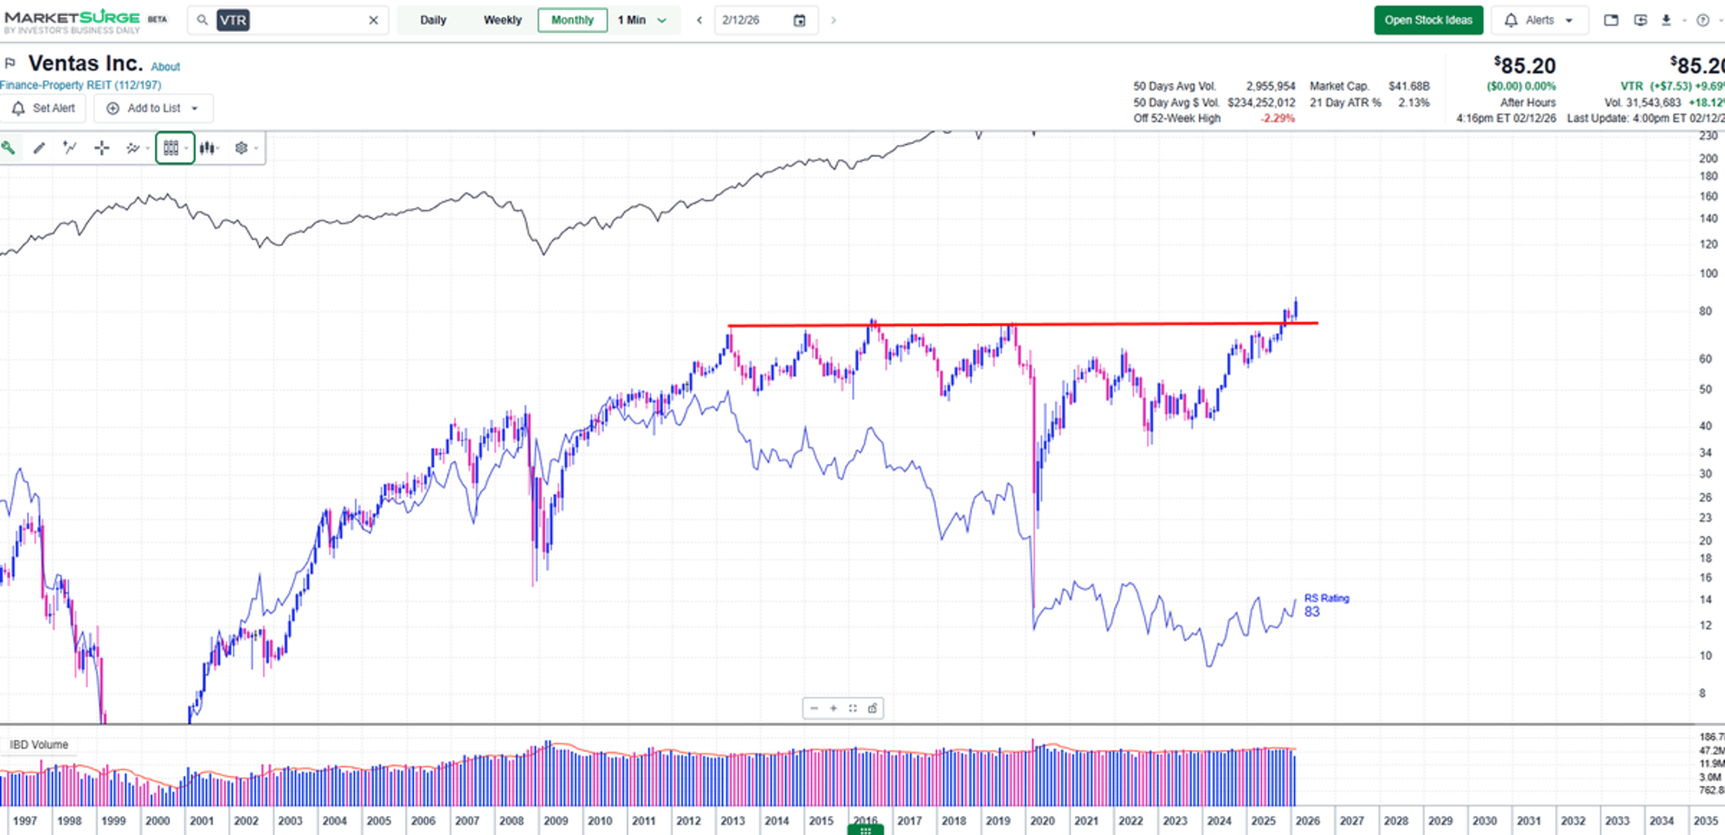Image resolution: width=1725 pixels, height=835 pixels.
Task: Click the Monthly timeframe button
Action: coord(572,20)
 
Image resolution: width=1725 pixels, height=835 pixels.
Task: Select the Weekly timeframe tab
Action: coord(502,20)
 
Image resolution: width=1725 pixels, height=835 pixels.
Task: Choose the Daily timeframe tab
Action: coord(433,20)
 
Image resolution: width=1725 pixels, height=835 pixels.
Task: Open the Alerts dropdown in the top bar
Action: coord(1539,20)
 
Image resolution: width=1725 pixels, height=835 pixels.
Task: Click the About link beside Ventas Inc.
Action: coord(165,67)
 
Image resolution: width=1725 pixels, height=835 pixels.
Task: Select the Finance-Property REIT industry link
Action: coord(80,85)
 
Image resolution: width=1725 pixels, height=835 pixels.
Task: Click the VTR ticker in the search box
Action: coord(232,20)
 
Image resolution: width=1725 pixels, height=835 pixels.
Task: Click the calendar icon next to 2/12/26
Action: coord(799,20)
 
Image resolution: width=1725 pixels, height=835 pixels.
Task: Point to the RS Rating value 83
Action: coord(1311,611)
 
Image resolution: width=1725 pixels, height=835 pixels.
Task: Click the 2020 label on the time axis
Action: coord(1042,820)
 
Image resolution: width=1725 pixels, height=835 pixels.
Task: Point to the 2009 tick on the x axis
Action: coord(555,820)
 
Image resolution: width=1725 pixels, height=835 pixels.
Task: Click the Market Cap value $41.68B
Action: coord(1408,86)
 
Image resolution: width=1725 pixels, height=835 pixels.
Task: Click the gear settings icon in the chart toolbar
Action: coord(241,148)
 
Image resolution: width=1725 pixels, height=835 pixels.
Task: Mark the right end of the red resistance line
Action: coord(1317,323)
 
